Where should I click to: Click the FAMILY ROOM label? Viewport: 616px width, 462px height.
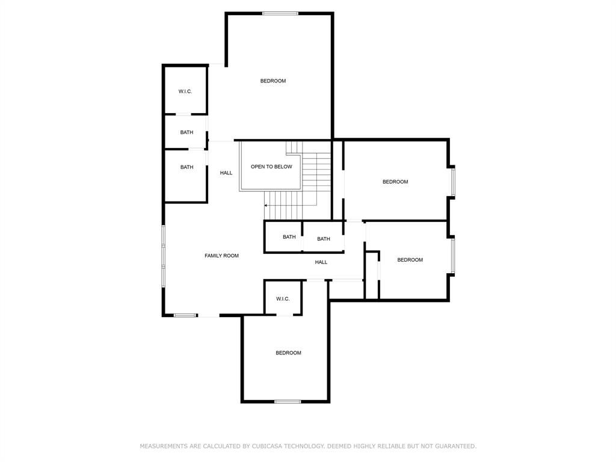[221, 256]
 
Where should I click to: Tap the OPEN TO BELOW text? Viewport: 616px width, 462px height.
[271, 167]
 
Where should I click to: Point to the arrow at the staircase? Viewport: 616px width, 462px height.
[266, 206]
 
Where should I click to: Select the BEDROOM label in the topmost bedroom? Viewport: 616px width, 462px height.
[273, 81]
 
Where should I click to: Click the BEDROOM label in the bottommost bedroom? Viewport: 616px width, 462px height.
[288, 353]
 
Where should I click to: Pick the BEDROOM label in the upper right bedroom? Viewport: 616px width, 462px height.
[395, 182]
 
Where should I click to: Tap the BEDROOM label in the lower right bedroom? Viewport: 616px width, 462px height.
[410, 260]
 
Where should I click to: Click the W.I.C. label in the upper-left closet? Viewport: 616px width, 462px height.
[185, 91]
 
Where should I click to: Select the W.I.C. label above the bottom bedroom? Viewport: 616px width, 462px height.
[283, 299]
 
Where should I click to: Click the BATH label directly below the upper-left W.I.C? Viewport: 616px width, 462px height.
[186, 132]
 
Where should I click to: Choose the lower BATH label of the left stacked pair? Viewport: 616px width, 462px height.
[186, 167]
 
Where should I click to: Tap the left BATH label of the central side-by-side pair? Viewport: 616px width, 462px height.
[289, 237]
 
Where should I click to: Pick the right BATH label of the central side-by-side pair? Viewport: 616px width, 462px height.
[324, 239]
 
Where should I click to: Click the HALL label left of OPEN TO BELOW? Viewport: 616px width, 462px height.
[226, 173]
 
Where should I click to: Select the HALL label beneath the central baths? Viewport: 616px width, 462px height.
[321, 262]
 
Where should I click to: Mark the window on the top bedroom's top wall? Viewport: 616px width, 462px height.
[280, 13]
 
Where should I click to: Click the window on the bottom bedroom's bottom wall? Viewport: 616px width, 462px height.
[288, 401]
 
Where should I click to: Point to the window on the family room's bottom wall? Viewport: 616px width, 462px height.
[185, 315]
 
